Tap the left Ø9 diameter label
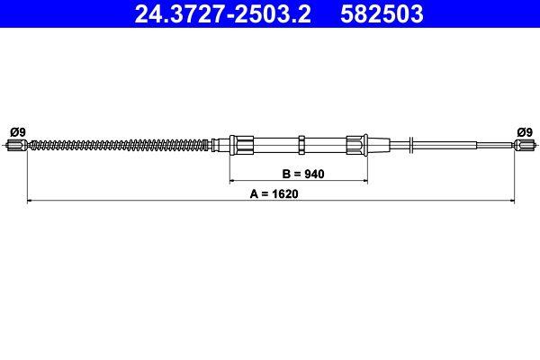click(17, 131)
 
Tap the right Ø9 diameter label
click(524, 131)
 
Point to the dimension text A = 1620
click(271, 191)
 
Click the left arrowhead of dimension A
click(31, 201)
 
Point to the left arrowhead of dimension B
click(230, 181)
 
